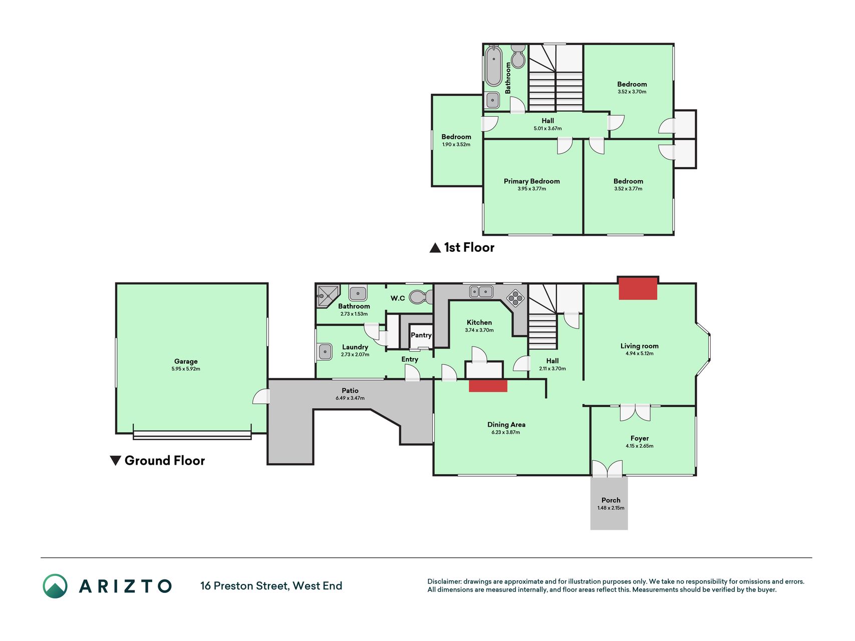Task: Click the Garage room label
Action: click(186, 361)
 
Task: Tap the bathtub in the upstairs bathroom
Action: click(493, 66)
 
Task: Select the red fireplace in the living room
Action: click(638, 288)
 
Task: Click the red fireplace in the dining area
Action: click(488, 386)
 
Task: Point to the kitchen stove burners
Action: click(515, 298)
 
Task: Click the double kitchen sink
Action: click(481, 291)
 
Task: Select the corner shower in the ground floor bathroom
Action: click(328, 296)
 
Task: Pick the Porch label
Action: click(611, 500)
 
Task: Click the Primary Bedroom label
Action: click(532, 181)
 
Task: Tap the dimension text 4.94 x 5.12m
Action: click(640, 354)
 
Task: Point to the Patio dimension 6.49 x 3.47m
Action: click(350, 398)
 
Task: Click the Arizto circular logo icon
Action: click(55, 586)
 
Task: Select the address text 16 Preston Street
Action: click(245, 585)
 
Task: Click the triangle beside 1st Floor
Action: click(435, 247)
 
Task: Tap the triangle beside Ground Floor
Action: click(115, 461)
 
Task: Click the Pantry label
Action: click(421, 335)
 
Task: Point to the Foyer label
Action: click(640, 438)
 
